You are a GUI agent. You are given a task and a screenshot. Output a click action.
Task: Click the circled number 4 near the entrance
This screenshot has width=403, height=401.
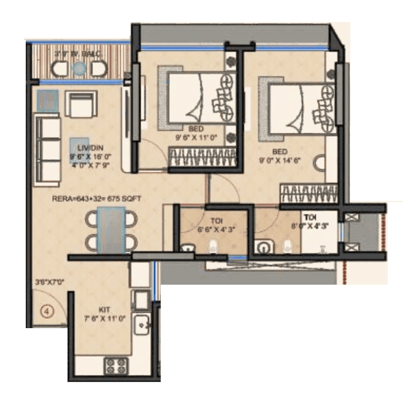tap(47, 311)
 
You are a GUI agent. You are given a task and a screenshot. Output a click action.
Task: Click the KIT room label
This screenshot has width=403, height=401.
tap(104, 310)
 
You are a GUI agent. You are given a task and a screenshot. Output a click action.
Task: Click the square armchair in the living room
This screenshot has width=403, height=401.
tap(81, 104)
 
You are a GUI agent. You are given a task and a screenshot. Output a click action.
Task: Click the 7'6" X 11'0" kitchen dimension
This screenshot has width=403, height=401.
tap(104, 319)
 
